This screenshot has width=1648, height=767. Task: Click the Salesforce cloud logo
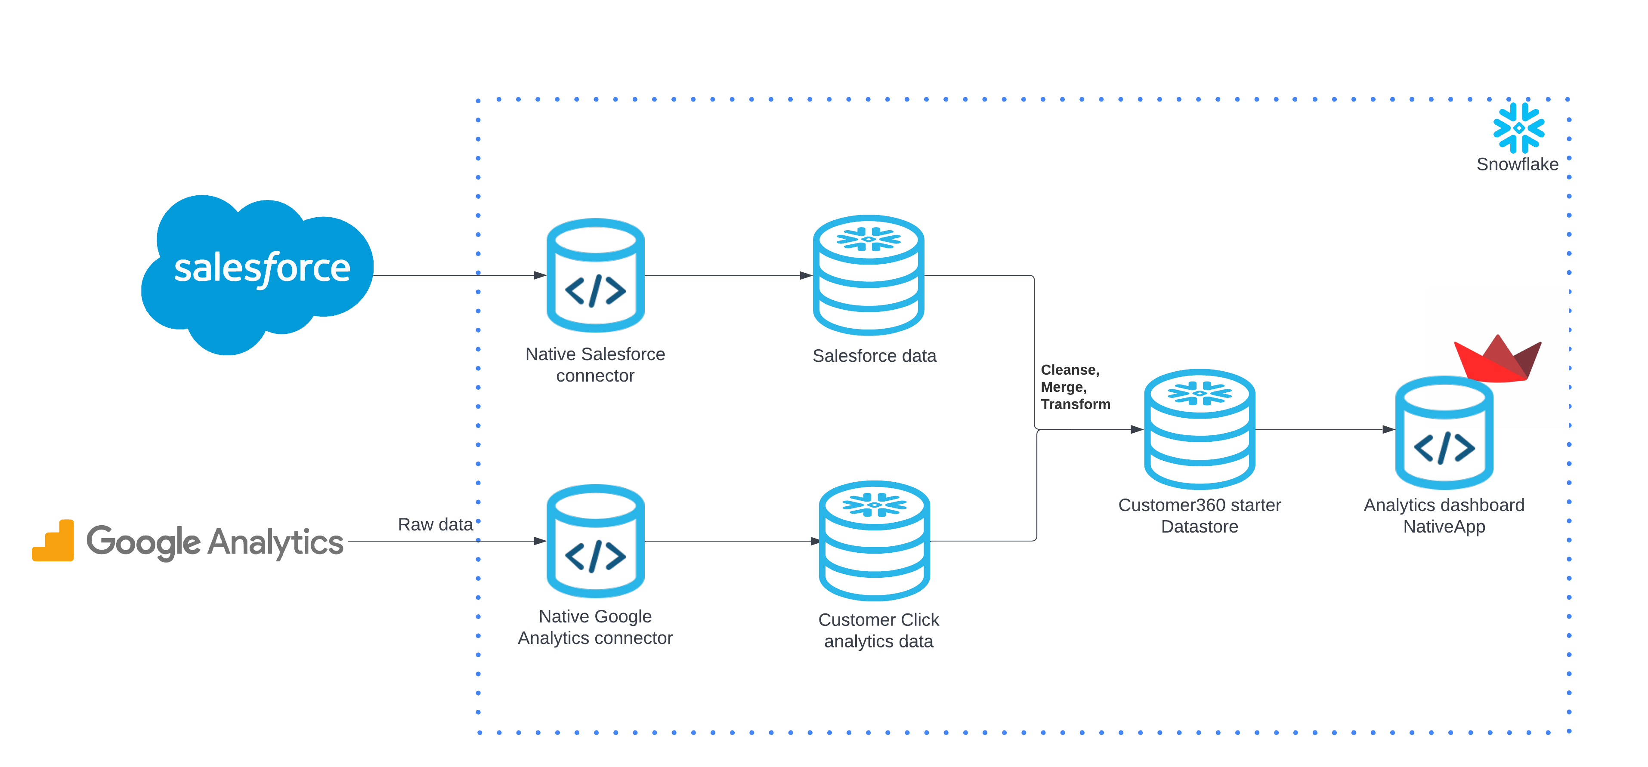click(257, 271)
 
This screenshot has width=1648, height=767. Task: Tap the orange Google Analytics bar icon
click(54, 542)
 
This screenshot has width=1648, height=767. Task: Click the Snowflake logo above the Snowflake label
click(1518, 128)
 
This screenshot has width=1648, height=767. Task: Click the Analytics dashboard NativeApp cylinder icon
click(1444, 433)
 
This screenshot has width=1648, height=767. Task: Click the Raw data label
click(435, 525)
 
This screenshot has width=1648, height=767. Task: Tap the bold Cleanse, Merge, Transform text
click(1075, 387)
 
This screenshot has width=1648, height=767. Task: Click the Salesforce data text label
click(874, 356)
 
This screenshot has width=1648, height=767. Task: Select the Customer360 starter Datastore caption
click(1199, 516)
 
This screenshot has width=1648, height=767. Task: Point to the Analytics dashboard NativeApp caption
click(1444, 516)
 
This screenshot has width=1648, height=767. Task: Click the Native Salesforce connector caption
click(595, 365)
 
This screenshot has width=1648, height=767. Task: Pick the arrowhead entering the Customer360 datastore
click(1137, 429)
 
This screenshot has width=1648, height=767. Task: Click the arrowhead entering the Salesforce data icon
click(806, 275)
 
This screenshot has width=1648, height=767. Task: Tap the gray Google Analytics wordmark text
click(215, 542)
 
